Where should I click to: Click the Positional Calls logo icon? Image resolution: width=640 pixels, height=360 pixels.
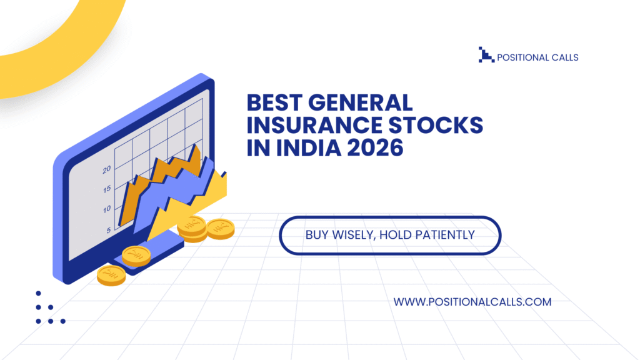click(485, 55)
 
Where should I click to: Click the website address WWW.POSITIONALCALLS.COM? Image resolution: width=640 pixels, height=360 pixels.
click(472, 302)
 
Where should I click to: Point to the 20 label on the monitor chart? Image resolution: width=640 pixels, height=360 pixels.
click(106, 169)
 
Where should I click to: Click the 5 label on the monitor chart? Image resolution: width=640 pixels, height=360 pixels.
click(108, 229)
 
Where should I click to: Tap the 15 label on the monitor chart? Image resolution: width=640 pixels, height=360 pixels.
click(107, 189)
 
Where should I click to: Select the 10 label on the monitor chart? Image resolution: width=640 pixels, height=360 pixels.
click(107, 209)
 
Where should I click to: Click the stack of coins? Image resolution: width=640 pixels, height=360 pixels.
click(192, 229)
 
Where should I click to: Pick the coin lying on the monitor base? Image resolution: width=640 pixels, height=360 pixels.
click(136, 255)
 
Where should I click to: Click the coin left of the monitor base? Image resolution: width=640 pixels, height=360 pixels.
click(112, 274)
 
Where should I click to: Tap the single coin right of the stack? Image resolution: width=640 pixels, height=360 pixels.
click(220, 228)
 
